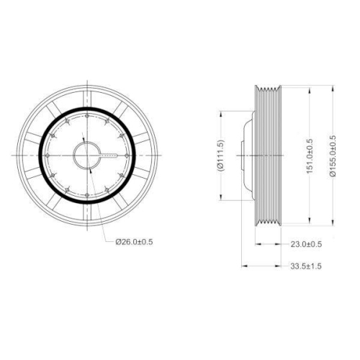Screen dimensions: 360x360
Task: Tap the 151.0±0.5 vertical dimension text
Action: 310,155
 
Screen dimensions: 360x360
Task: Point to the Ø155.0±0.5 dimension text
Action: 332,155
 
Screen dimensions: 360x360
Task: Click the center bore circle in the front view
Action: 89,155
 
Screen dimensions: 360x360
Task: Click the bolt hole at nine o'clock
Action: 48,155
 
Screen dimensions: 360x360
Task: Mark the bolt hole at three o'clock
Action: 130,155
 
